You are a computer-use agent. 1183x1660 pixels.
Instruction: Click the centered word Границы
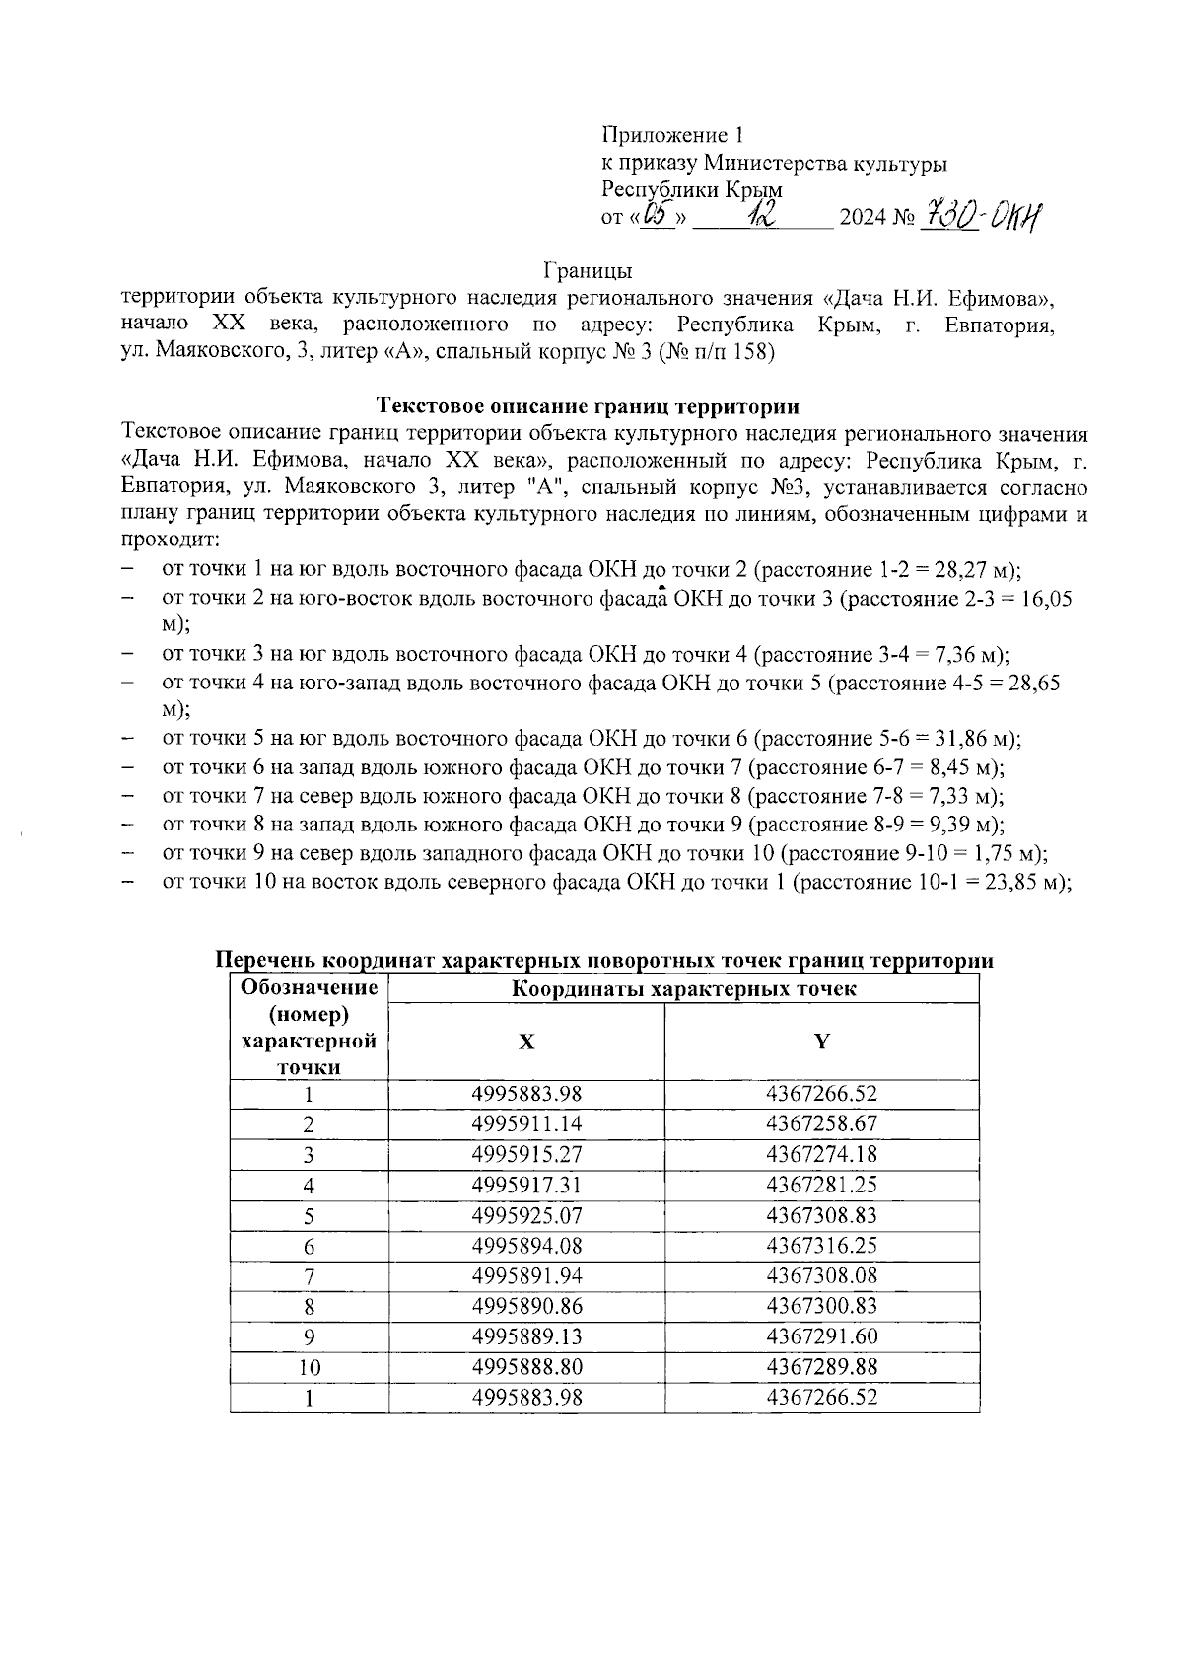(x=588, y=269)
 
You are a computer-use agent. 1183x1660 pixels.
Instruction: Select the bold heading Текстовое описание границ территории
(x=588, y=405)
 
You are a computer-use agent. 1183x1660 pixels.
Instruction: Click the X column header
(x=526, y=1042)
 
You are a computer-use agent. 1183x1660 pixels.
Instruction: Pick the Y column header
(x=821, y=1042)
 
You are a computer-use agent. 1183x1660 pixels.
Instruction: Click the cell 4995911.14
(x=526, y=1123)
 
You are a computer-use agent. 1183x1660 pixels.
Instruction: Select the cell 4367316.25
(x=821, y=1246)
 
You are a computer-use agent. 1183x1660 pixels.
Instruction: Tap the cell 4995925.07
(x=526, y=1215)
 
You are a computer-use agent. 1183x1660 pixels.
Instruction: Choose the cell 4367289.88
(x=821, y=1367)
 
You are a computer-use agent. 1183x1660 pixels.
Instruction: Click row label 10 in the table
(x=310, y=1368)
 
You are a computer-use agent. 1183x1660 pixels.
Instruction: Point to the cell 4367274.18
(x=821, y=1154)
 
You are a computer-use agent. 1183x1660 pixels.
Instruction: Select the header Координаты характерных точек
(x=683, y=989)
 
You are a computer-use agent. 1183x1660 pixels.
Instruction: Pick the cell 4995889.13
(x=526, y=1336)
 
